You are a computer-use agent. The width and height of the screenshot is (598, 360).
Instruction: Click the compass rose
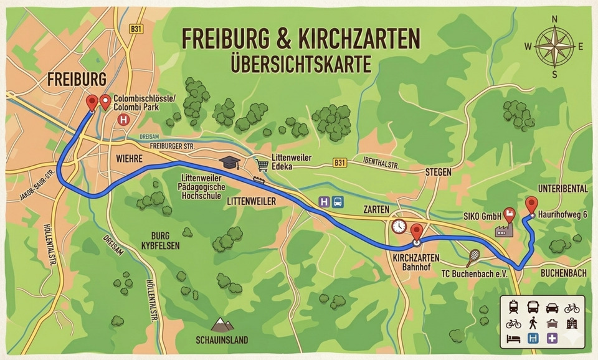pos(554,47)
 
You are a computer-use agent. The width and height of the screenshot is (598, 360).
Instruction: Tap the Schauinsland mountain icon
pos(220,325)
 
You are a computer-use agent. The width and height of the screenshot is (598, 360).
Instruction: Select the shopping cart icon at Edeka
pos(262,164)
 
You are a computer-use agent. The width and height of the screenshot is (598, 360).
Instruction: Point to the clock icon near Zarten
pos(399,225)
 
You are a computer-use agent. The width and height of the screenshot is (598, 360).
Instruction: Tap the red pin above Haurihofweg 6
pos(531,205)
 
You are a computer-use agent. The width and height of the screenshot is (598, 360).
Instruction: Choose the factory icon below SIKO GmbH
pos(503,230)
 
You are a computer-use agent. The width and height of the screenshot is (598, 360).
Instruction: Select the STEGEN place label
pos(438,171)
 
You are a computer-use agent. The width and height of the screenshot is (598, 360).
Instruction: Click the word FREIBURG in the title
pos(222,39)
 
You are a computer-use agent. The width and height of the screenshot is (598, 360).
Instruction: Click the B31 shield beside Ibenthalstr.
pos(339,163)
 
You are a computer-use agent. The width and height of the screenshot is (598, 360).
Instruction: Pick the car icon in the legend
pos(553,308)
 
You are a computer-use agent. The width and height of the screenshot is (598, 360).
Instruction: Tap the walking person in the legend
pos(533,323)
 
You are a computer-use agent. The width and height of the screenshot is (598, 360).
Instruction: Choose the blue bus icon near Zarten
pos(338,201)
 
